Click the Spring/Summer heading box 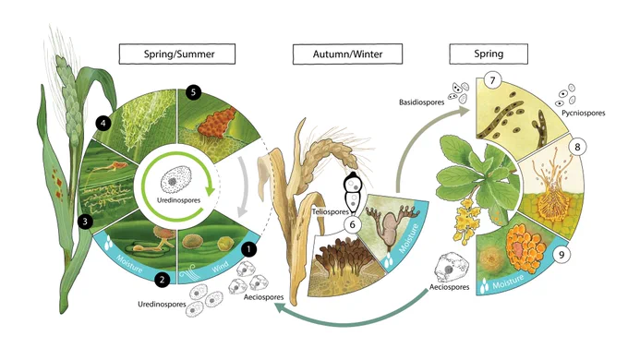[x=177, y=54]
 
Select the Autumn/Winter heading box [x=347, y=54]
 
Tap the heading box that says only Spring [x=489, y=54]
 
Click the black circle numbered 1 [x=248, y=249]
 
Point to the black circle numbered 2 [x=163, y=279]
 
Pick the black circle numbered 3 [x=85, y=221]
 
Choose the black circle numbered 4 [x=103, y=123]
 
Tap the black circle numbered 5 [x=193, y=92]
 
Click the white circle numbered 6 [x=353, y=224]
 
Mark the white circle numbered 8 [x=577, y=147]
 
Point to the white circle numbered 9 [x=562, y=255]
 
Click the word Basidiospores [x=421, y=102]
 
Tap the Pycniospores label [x=583, y=113]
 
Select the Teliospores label [x=331, y=211]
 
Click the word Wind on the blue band [x=220, y=266]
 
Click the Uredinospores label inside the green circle [x=178, y=199]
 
